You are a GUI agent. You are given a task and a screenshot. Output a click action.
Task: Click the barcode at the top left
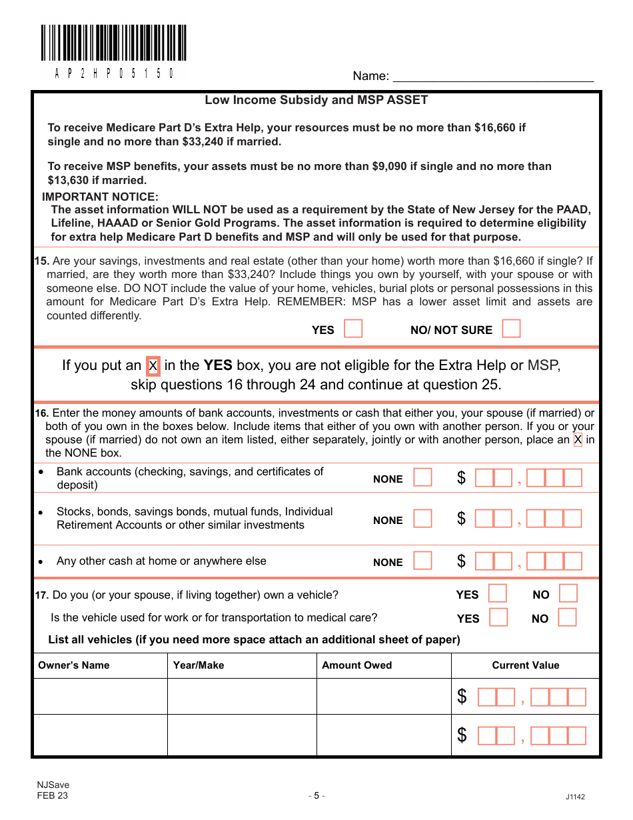tap(113, 43)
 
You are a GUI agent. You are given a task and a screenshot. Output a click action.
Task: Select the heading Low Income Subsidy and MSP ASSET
tap(316, 100)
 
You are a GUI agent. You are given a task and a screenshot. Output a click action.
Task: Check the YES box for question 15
tap(353, 329)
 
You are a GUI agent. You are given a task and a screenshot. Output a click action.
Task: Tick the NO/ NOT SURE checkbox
tap(511, 329)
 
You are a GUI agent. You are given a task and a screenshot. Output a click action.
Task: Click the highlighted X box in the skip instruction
tap(153, 365)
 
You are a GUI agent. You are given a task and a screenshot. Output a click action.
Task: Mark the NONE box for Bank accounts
tap(422, 478)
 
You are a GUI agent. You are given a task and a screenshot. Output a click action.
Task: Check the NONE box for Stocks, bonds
tap(422, 519)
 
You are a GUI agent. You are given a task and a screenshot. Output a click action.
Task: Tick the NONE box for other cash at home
tap(422, 561)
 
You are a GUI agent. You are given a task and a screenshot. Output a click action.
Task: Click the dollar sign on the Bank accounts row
tap(461, 478)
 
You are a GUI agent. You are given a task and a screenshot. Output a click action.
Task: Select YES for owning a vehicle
tap(498, 594)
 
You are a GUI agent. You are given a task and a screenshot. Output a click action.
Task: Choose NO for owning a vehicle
tap(568, 594)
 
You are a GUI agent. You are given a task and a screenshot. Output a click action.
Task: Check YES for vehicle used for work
tap(498, 618)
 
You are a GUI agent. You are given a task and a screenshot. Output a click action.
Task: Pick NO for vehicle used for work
tap(567, 618)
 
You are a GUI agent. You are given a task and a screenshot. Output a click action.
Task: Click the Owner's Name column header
tap(74, 665)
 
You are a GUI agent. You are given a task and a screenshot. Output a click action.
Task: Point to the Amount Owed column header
tap(357, 665)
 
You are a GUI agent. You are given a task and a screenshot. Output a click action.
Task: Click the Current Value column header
tap(526, 665)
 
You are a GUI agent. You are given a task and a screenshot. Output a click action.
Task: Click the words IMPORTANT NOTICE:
tap(101, 197)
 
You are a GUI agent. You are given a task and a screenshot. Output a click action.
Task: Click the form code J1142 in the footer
tap(575, 797)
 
